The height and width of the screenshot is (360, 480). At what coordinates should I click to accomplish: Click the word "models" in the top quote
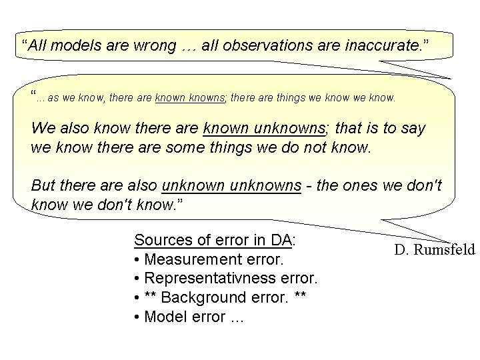pos(75,45)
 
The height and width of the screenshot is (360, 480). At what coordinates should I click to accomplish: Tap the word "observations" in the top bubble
pos(266,45)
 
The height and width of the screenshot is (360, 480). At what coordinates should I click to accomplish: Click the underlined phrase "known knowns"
pos(190,97)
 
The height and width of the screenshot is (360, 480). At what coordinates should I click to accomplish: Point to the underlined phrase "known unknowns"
pos(264,127)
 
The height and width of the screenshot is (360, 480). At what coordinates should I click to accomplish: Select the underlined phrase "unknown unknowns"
pos(231,185)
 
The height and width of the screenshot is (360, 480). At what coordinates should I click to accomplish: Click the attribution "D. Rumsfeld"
pos(435,249)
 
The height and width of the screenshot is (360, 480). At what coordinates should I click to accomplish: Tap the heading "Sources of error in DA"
pos(213,240)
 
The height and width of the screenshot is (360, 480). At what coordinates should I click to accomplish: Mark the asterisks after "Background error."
pos(300,295)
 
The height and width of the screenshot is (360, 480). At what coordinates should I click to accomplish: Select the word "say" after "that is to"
pos(413,129)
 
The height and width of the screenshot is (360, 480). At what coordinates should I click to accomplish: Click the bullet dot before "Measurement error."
pos(137,260)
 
